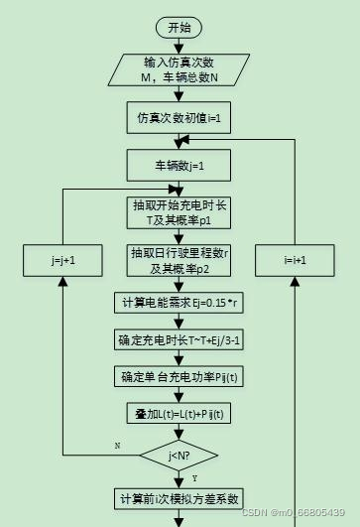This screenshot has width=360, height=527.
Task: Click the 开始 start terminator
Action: pos(180,27)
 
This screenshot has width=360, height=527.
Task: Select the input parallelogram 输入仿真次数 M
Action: pos(179,69)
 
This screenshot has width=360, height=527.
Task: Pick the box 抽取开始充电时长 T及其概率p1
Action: pos(179,212)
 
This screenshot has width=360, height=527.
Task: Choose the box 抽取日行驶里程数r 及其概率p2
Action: pos(179,259)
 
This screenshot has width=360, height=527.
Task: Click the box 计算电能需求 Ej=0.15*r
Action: pos(179,303)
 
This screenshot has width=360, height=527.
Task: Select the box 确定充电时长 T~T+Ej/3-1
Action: pos(179,339)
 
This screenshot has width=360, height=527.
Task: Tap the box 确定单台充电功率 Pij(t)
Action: pos(179,376)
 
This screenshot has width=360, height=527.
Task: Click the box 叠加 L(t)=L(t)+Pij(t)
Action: pos(179,413)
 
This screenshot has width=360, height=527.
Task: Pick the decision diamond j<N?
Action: pos(179,456)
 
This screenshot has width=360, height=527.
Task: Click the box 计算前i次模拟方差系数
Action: pos(179,498)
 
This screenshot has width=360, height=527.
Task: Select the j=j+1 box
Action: pos(62,260)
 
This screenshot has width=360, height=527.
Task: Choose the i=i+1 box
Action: pos(295,260)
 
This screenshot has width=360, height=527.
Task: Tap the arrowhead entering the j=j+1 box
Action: pos(62,281)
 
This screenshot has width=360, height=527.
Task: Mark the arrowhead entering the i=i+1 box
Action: pos(295,281)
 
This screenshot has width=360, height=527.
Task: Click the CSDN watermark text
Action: pos(294,512)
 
